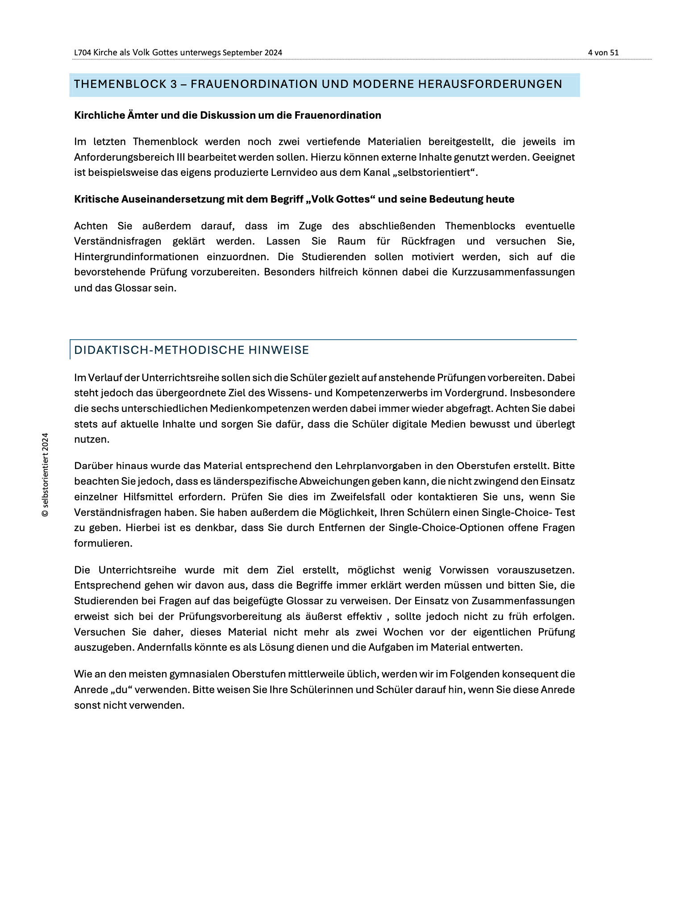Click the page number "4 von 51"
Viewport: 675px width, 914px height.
click(x=603, y=53)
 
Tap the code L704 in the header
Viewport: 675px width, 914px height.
click(x=83, y=53)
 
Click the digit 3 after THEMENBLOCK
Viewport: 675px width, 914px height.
click(x=174, y=84)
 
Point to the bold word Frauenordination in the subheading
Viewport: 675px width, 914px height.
click(x=337, y=116)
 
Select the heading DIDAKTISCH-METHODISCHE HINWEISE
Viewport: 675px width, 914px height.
click(x=192, y=350)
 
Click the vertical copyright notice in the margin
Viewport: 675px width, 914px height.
click(x=45, y=475)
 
